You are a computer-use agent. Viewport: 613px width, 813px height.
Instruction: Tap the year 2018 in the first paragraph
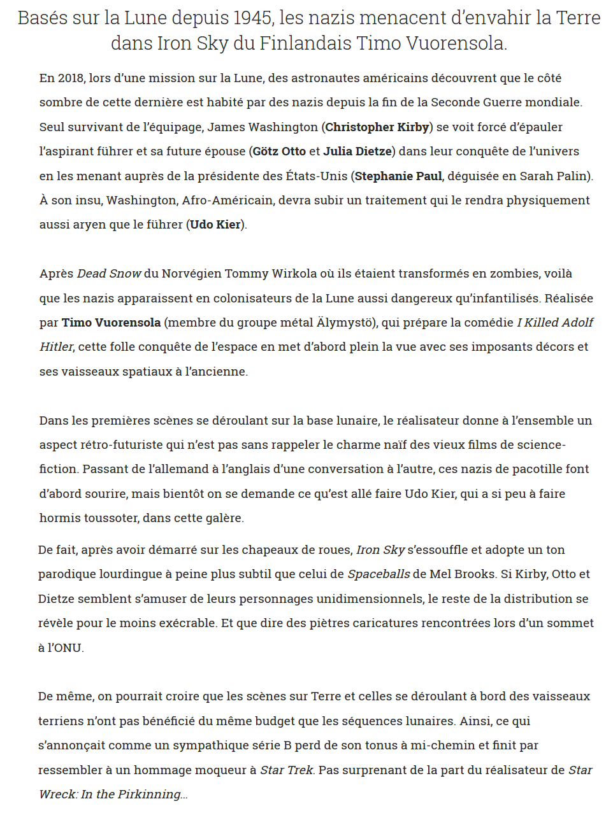71,78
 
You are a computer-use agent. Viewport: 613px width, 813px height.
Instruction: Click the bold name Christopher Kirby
377,127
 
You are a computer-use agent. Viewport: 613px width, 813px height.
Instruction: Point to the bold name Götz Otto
279,152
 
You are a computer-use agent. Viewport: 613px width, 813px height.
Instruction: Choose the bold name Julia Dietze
357,152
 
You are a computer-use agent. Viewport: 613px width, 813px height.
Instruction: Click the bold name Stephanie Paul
398,176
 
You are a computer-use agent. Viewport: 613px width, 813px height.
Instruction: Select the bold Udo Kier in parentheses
215,225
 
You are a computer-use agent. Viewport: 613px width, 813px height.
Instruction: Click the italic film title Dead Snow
109,274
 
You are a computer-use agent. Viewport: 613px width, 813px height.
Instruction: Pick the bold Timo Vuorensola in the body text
111,323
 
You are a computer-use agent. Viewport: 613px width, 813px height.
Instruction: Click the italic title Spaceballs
379,574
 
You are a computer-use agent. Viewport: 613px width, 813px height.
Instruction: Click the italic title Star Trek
287,770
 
